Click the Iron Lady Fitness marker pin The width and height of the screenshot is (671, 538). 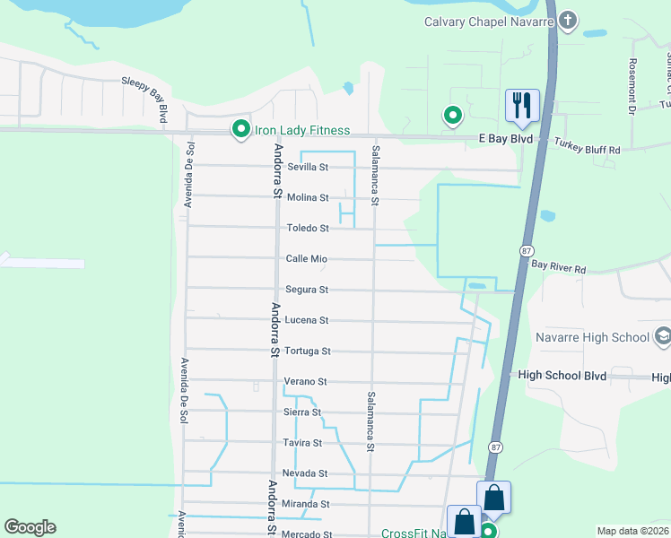pyautogui.click(x=240, y=130)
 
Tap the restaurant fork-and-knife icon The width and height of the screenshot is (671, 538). pyautogui.click(x=521, y=105)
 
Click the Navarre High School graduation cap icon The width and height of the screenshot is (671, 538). pyautogui.click(x=662, y=337)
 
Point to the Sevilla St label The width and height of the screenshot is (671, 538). pyautogui.click(x=307, y=167)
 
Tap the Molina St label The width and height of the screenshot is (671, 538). pyautogui.click(x=307, y=197)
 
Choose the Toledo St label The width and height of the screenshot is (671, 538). pyautogui.click(x=307, y=229)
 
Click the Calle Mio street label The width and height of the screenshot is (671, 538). pyautogui.click(x=306, y=259)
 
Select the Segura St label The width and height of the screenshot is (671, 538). pyautogui.click(x=307, y=290)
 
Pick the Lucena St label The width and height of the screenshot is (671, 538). pyautogui.click(x=307, y=320)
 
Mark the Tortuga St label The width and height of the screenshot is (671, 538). pyautogui.click(x=308, y=351)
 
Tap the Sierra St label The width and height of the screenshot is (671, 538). pyautogui.click(x=303, y=412)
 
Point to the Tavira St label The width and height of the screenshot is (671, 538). pyautogui.click(x=303, y=443)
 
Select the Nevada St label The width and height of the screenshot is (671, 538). pyautogui.click(x=305, y=473)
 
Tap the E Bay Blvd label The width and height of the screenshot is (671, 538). pyautogui.click(x=506, y=139)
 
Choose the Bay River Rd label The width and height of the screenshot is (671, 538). pyautogui.click(x=558, y=266)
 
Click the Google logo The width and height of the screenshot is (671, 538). pyautogui.click(x=30, y=527)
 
